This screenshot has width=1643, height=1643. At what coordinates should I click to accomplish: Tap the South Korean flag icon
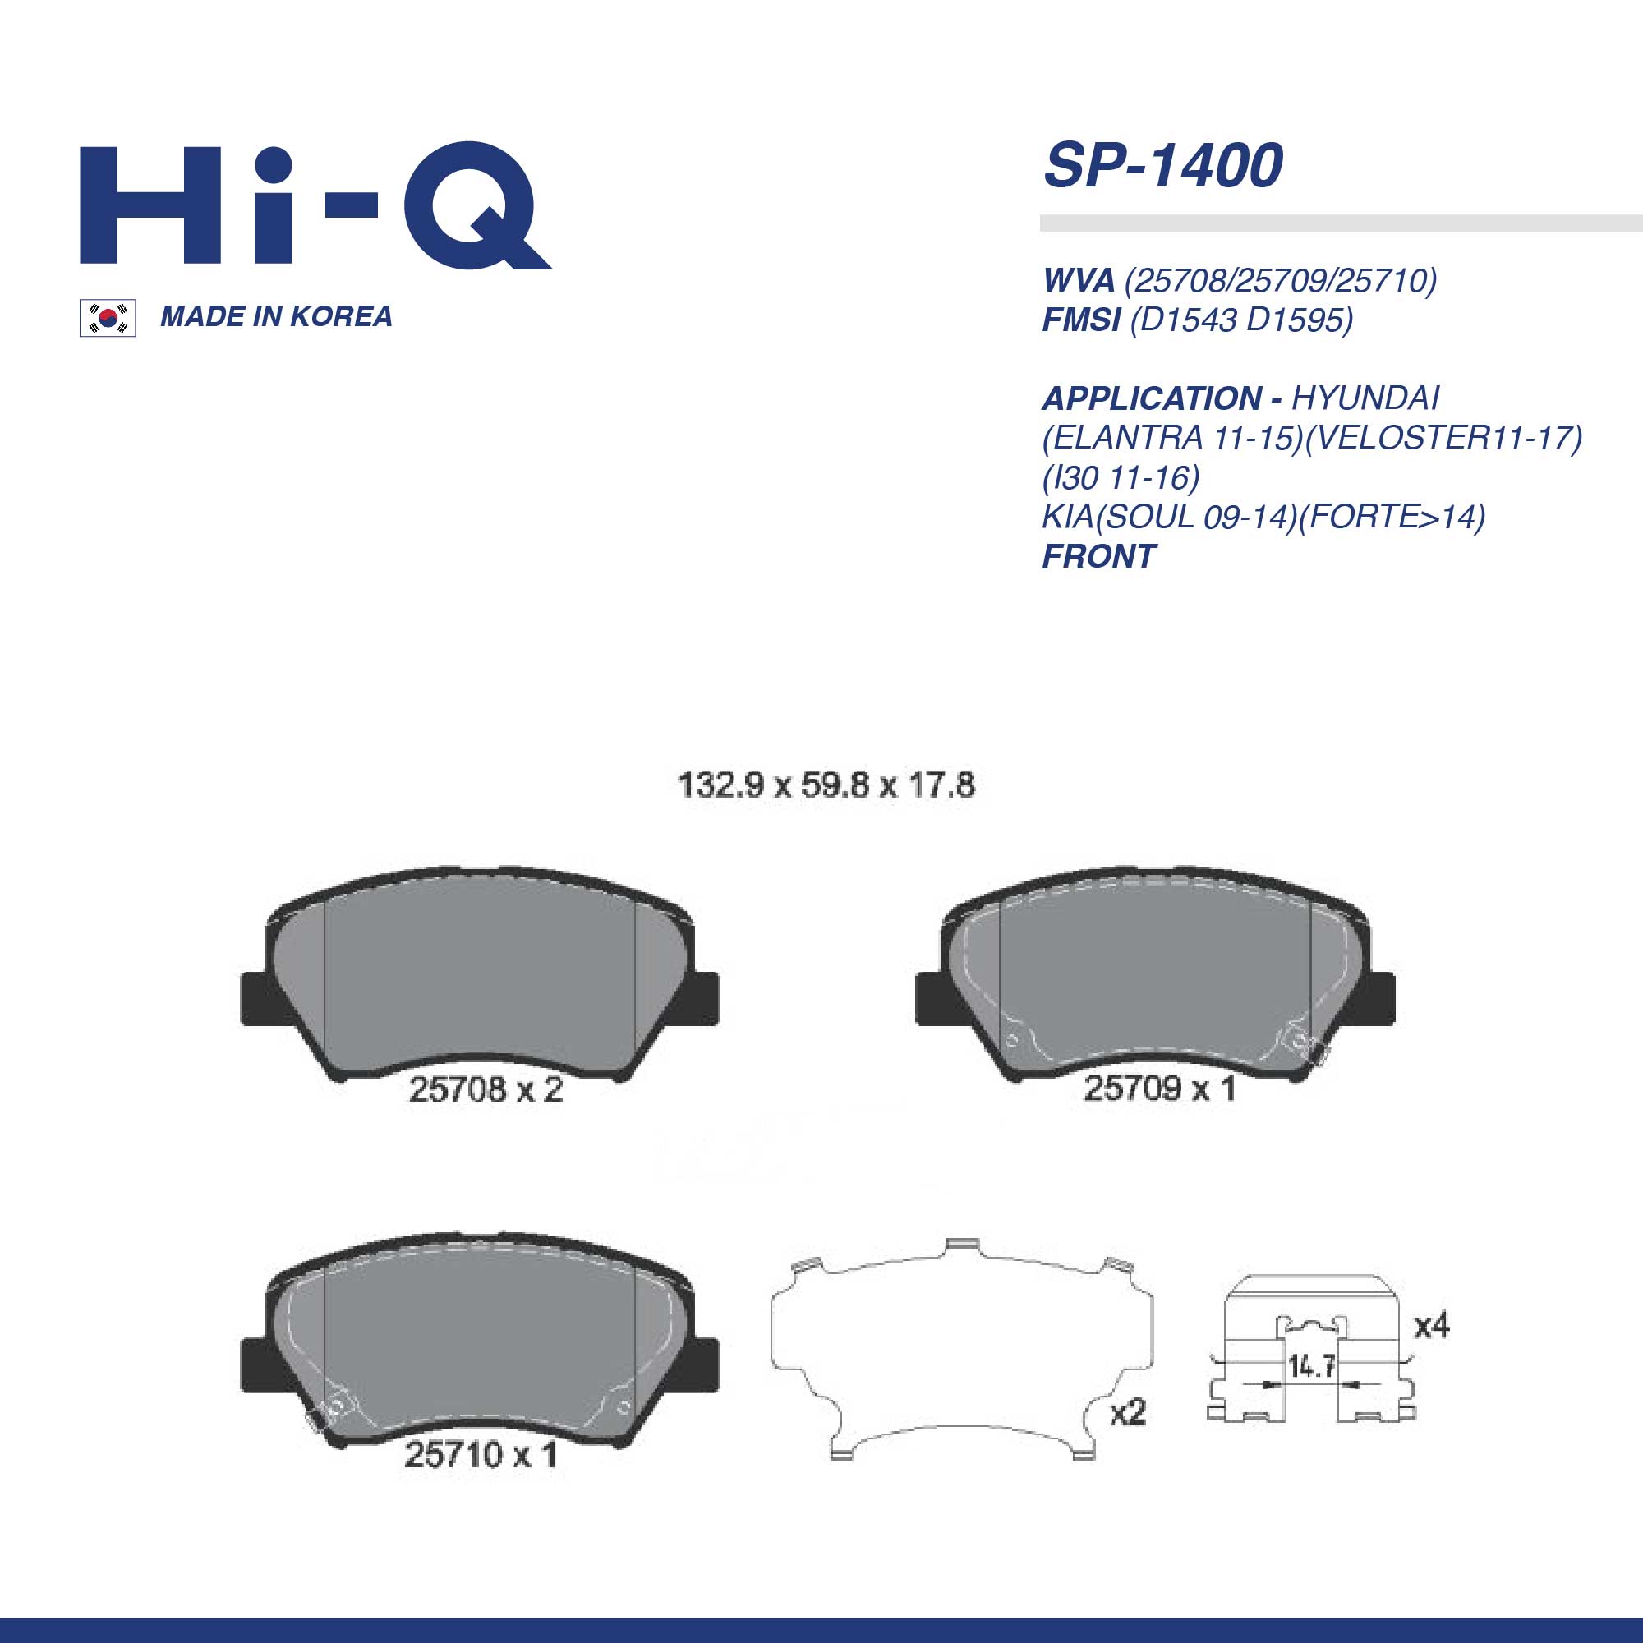(107, 318)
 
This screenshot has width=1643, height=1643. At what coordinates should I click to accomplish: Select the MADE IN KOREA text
(276, 316)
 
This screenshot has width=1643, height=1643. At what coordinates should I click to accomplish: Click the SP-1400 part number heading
(1162, 165)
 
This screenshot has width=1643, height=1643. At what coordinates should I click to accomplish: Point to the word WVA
(1079, 280)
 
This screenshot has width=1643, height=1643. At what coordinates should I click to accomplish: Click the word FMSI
(1081, 320)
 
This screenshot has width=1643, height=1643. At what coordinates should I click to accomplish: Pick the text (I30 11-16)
(1121, 478)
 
